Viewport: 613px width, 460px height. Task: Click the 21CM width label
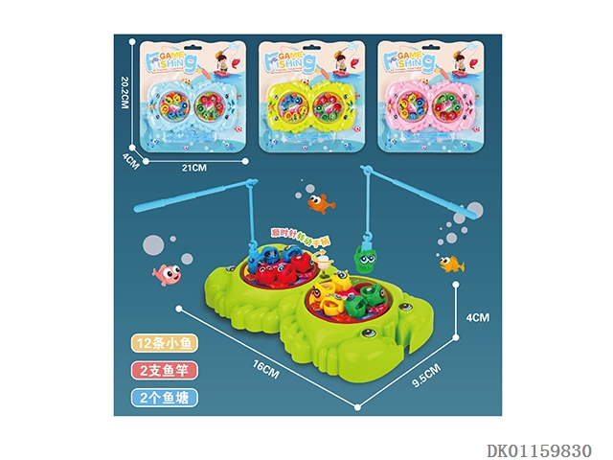(195, 168)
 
